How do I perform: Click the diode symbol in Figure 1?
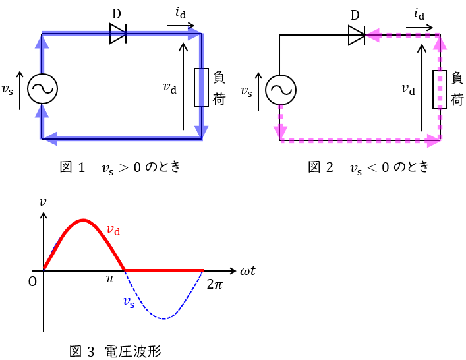pos(118,34)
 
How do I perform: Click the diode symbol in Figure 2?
pos(357,35)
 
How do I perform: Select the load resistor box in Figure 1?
pos(201,87)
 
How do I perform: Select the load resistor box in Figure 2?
pos(440,90)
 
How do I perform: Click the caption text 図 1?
pos(73,167)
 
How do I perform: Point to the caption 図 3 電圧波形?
pos(115,351)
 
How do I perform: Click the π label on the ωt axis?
pos(110,279)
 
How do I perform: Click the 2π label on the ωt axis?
pos(214,285)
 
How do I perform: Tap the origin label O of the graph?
pos(32,282)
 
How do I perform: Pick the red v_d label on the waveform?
pos(113,230)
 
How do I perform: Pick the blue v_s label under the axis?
pos(129,302)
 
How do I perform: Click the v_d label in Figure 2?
pos(409,89)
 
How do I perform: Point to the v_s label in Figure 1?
pos(7,90)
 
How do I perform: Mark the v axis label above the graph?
pos(43,202)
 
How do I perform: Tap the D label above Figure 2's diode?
pos(355,15)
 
